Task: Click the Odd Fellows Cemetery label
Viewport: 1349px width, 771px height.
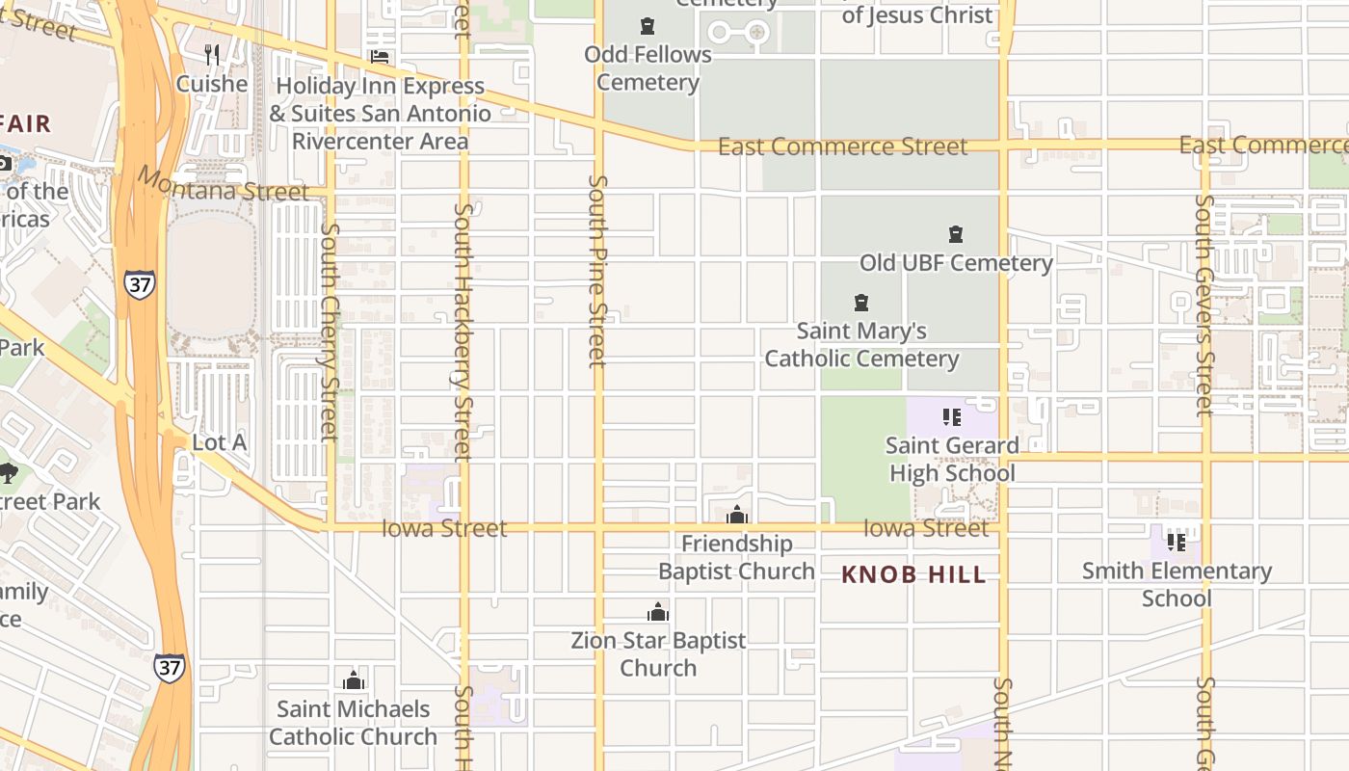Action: [x=648, y=68]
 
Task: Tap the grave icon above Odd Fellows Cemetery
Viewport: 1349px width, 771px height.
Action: [x=648, y=26]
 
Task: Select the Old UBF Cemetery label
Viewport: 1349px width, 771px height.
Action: [x=956, y=263]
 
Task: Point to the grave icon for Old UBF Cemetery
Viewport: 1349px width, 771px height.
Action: [x=956, y=234]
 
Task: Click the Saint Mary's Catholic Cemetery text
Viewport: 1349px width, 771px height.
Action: [x=861, y=345]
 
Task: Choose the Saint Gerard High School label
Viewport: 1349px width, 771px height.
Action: [x=952, y=460]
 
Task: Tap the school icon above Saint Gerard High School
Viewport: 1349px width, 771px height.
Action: [x=952, y=417]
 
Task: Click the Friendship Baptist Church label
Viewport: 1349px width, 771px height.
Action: [x=736, y=558]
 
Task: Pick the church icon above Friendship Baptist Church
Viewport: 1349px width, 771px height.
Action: [x=737, y=516]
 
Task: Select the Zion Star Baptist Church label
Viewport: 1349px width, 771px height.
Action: [x=658, y=654]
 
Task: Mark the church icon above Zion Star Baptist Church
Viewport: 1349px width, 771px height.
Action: [x=658, y=612]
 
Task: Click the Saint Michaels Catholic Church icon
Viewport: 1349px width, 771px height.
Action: [x=354, y=681]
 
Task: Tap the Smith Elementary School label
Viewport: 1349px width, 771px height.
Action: [x=1177, y=584]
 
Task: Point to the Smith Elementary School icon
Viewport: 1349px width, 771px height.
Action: [x=1177, y=542]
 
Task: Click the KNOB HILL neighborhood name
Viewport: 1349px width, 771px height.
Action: [x=913, y=575]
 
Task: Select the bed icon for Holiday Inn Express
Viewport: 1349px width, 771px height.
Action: [x=380, y=57]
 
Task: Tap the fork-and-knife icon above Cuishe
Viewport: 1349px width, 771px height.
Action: [x=212, y=55]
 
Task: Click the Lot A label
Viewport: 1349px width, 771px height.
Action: [x=220, y=442]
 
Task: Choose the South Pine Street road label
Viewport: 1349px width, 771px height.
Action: [x=598, y=271]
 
